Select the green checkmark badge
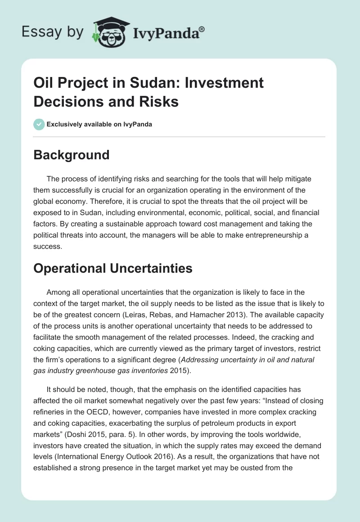pyautogui.click(x=39, y=124)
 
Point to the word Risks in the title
pyautogui.click(x=159, y=101)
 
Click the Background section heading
pyautogui.click(x=72, y=155)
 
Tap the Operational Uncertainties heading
pyautogui.click(x=113, y=268)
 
